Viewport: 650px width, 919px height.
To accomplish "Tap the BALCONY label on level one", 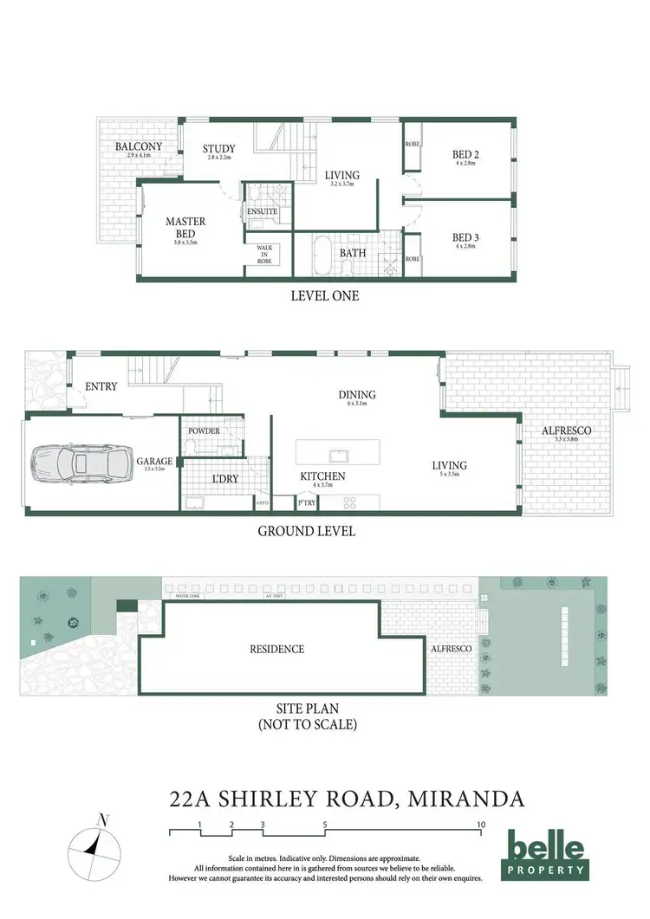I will [x=139, y=147].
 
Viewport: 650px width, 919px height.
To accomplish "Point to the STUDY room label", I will [x=219, y=150].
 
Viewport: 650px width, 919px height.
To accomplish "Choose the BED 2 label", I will [x=466, y=154].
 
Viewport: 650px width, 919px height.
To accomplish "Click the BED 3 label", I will [x=466, y=237].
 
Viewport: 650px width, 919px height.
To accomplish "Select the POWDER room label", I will [x=204, y=430].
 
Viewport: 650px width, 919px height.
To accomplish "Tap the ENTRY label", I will [x=101, y=386].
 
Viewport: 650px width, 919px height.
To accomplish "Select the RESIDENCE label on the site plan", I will [x=277, y=649].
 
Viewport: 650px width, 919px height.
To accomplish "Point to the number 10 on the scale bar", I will [x=480, y=825].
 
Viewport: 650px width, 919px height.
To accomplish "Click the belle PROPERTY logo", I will [x=546, y=853].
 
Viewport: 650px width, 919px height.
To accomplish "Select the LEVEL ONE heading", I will [x=325, y=295].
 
